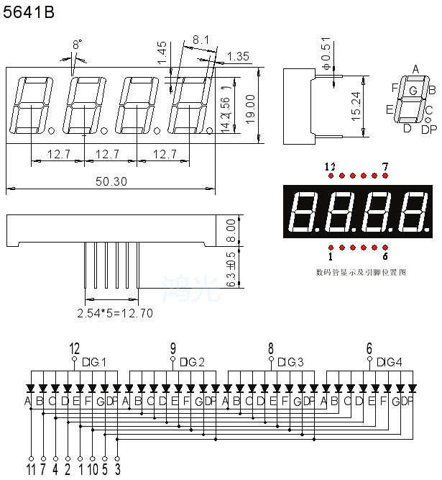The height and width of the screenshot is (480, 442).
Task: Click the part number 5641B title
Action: click(x=28, y=12)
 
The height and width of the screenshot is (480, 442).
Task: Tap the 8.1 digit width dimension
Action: click(x=201, y=41)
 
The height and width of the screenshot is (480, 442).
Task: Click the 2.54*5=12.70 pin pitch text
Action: click(x=114, y=313)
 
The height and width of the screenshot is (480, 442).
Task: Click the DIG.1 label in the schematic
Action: click(x=93, y=361)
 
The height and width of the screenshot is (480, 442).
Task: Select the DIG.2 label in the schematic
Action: click(x=192, y=361)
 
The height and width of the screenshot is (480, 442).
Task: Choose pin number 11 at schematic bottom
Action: click(x=32, y=471)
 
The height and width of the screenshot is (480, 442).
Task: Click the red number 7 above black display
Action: click(x=385, y=167)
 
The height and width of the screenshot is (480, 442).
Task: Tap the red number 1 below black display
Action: click(x=331, y=255)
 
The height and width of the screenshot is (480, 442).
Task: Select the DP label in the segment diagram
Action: click(x=428, y=130)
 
